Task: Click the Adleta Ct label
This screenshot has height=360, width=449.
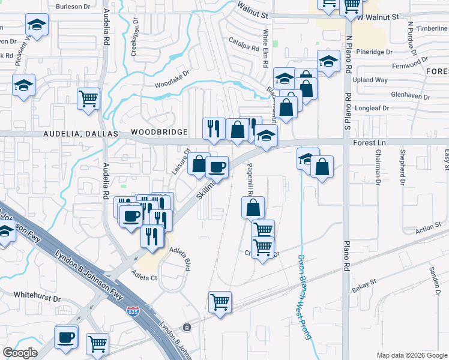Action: pos(144,278)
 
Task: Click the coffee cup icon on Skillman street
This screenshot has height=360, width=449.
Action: pos(217,166)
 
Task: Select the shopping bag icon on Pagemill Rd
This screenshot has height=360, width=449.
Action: pos(253,208)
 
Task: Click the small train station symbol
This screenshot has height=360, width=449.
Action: pos(187,328)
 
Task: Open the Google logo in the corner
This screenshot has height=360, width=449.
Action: pos(20,353)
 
